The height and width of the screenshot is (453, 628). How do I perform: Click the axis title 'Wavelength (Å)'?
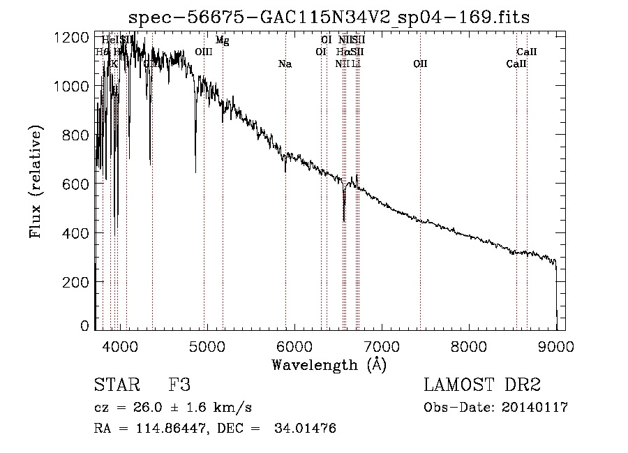click(x=329, y=364)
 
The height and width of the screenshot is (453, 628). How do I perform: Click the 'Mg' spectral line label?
click(x=222, y=40)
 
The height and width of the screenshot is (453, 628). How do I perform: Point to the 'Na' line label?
click(x=285, y=64)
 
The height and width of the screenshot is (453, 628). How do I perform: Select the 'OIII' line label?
click(x=203, y=52)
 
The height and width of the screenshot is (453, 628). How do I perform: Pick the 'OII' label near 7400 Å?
click(x=420, y=64)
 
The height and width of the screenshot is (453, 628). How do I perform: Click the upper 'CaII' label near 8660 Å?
click(x=526, y=52)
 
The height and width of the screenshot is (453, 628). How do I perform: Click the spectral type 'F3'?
click(x=179, y=385)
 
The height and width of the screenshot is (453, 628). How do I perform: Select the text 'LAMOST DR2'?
click(x=482, y=385)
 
